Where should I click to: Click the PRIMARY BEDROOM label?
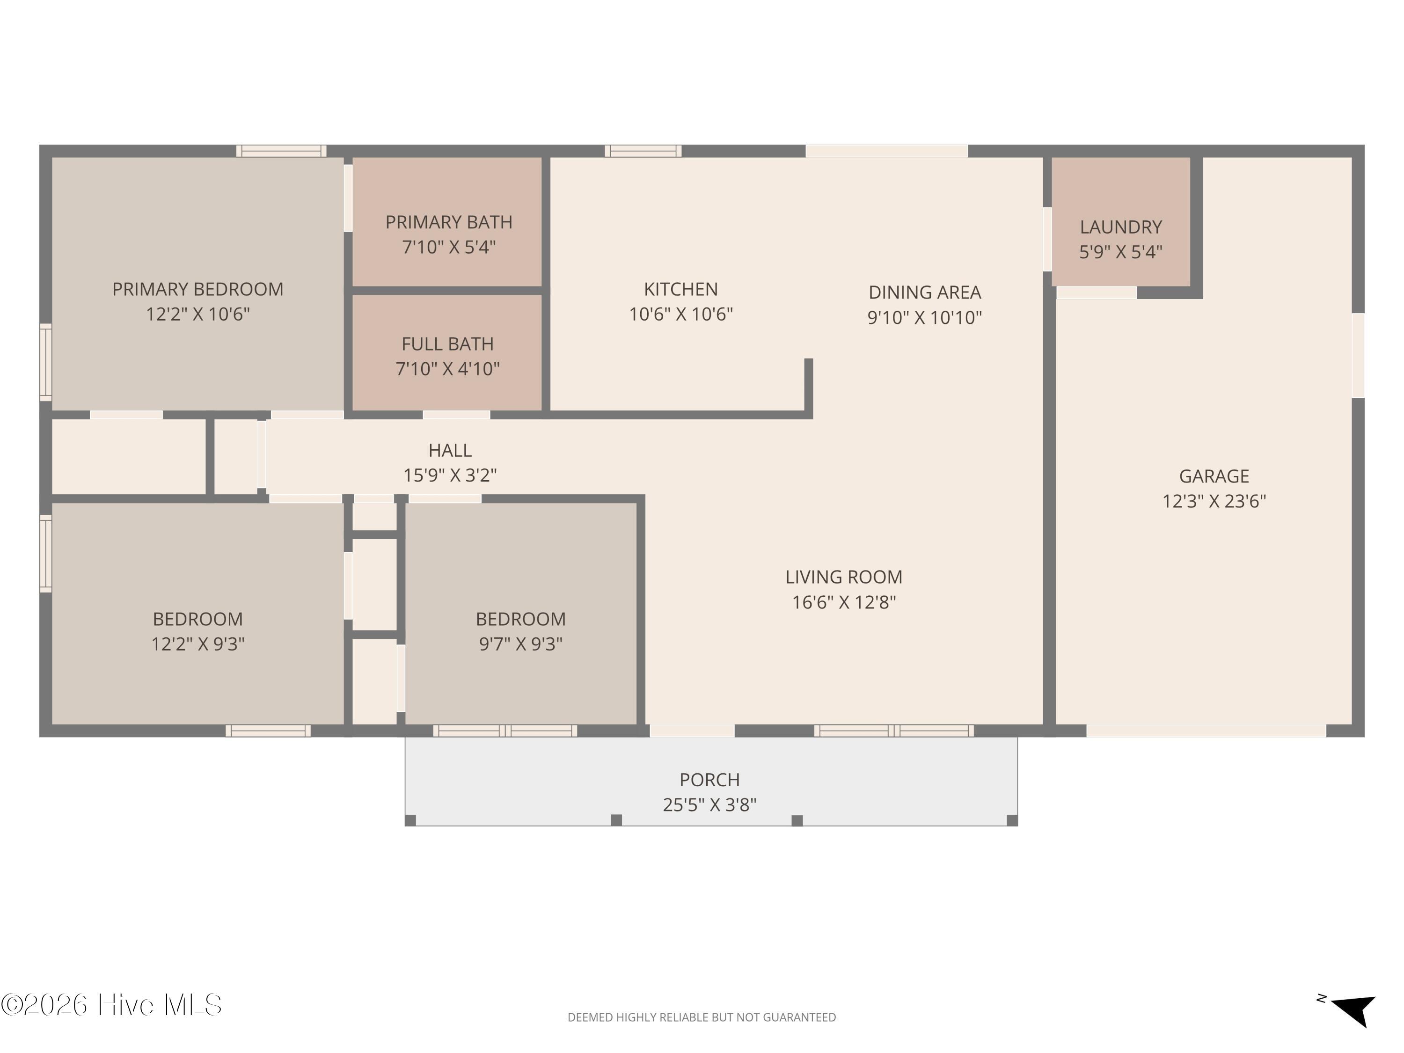tap(197, 289)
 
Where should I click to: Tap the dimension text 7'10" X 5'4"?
tap(448, 247)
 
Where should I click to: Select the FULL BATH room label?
tap(447, 344)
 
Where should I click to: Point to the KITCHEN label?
tap(680, 289)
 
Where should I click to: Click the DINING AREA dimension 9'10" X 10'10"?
tap(924, 317)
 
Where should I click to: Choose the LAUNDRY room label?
tap(1120, 227)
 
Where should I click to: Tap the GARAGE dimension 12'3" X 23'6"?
tap(1214, 501)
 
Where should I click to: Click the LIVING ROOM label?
tap(843, 577)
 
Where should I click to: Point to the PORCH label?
tap(709, 780)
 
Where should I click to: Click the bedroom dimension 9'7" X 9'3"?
tap(520, 644)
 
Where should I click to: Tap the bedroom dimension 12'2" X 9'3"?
tap(197, 644)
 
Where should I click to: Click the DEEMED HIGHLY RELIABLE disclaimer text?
tap(702, 1017)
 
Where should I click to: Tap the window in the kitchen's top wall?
tap(643, 151)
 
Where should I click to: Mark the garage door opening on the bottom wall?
tap(1206, 731)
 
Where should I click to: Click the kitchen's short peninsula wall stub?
tap(809, 386)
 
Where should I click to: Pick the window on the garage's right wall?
tap(1358, 355)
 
